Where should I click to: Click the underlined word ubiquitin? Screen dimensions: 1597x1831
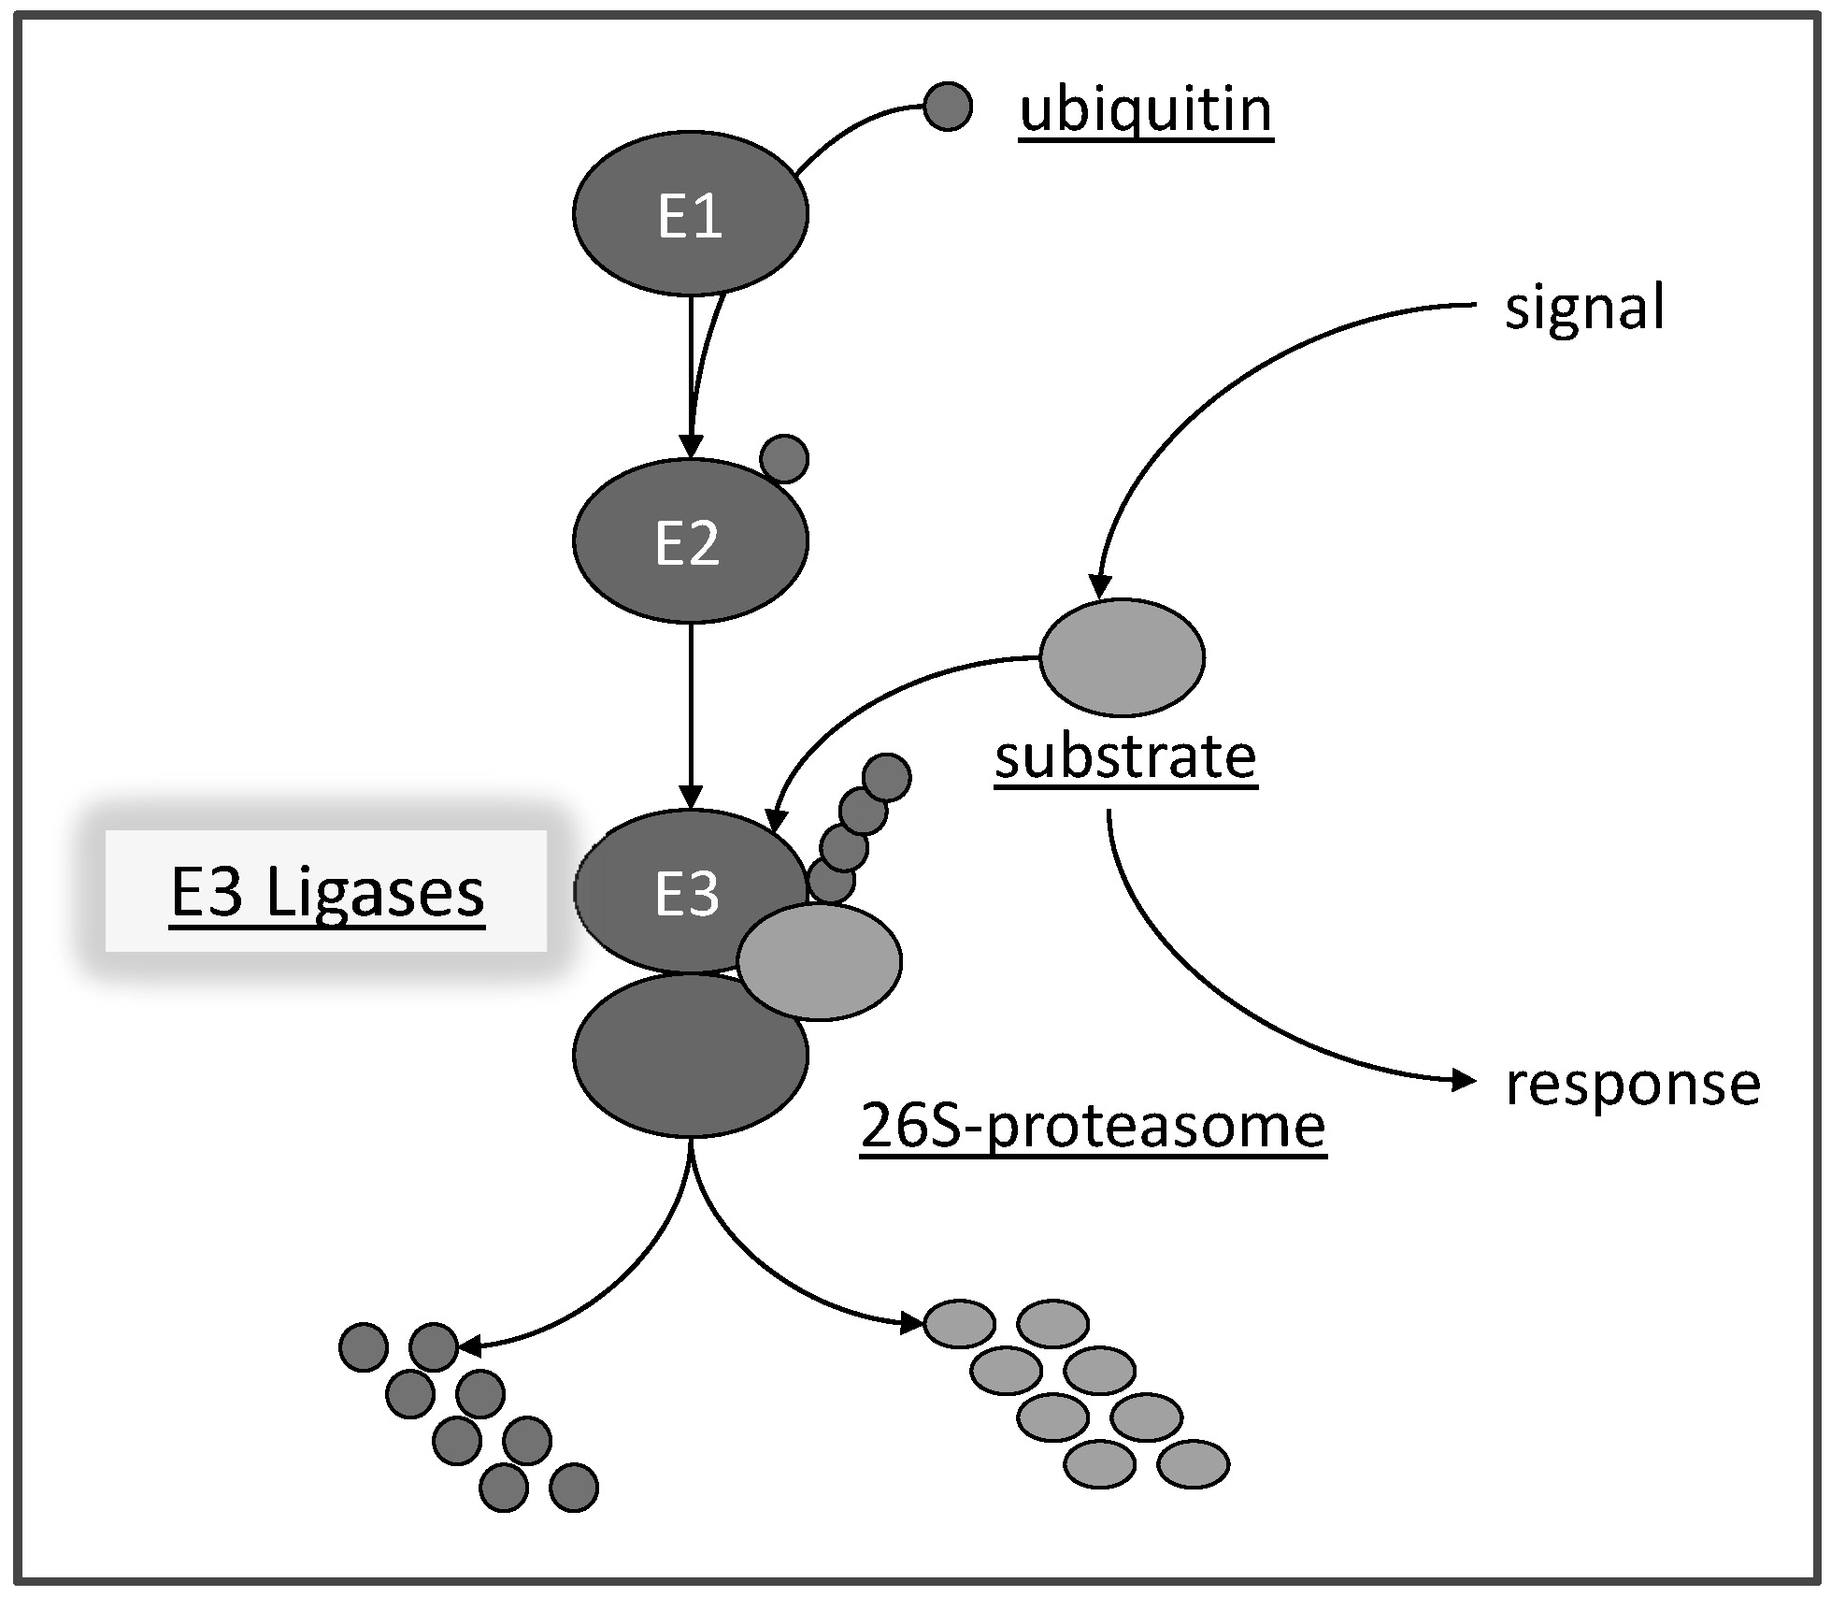click(x=1145, y=110)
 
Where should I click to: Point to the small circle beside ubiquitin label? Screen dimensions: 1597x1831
click(x=948, y=107)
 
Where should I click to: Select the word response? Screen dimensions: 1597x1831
click(x=1632, y=1084)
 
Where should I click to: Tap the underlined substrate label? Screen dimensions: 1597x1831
click(x=1125, y=756)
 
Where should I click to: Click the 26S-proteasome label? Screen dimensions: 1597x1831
click(x=1093, y=1125)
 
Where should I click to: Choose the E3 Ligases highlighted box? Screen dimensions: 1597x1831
click(x=326, y=891)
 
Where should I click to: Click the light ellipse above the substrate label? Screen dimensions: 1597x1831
click(x=1122, y=657)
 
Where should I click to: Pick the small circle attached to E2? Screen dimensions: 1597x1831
click(x=784, y=459)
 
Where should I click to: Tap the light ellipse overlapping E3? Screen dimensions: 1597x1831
click(x=820, y=960)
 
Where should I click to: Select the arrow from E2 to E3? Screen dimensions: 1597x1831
click(x=691, y=711)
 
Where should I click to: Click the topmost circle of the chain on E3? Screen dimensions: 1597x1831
click(x=886, y=777)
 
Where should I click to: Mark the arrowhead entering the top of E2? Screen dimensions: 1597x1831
click(x=691, y=447)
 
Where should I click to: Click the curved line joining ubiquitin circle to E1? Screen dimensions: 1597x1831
click(x=851, y=126)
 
